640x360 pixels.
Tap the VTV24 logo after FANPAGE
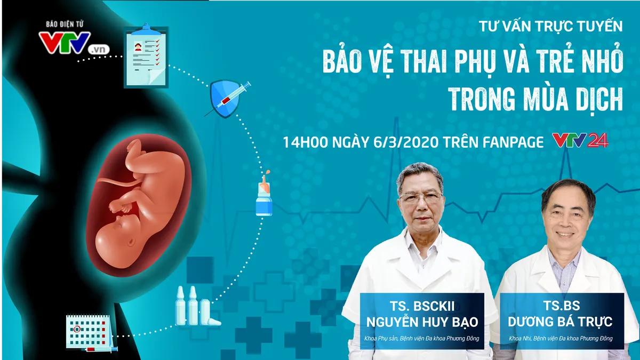[580, 140]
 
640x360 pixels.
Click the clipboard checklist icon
[146, 56]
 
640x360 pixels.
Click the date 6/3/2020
[406, 142]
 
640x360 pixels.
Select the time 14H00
[306, 142]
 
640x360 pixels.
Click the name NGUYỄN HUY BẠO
[422, 322]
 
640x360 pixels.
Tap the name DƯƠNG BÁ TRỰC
[561, 322]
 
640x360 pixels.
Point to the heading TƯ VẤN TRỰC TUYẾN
[551, 26]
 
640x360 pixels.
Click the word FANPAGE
[513, 142]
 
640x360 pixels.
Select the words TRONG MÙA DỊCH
[535, 99]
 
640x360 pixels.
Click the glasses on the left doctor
[421, 197]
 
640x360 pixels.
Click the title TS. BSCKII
[422, 306]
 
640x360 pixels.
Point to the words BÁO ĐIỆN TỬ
[65, 25]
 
